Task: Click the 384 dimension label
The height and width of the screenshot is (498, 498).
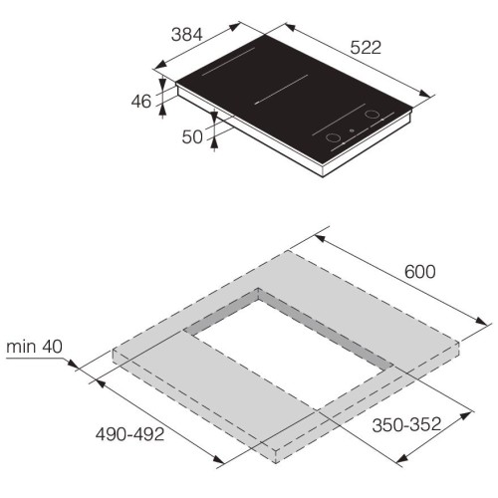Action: [x=186, y=35]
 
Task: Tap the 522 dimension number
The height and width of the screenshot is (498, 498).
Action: [x=366, y=47]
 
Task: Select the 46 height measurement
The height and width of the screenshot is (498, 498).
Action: [x=141, y=102]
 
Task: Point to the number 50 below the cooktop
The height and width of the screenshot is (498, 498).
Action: [x=192, y=136]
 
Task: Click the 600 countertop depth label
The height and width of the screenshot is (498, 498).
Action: [x=419, y=272]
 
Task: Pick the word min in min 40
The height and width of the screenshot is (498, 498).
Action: [x=21, y=347]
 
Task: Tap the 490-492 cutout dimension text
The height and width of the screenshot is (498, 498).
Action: [x=129, y=434]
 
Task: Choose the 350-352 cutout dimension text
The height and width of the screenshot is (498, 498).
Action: [x=406, y=424]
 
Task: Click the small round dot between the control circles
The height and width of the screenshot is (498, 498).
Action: [x=353, y=130]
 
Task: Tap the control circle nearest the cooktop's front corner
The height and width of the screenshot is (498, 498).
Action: [x=333, y=137]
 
